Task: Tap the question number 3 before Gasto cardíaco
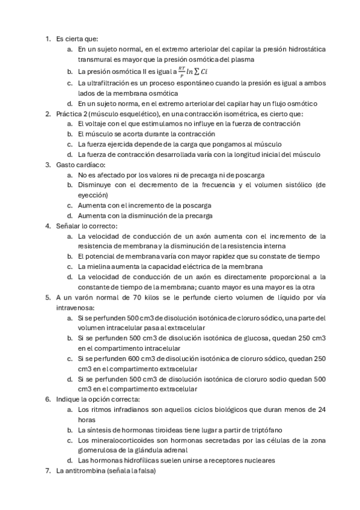click(48, 164)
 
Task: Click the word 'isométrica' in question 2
click(254, 113)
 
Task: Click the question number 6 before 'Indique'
click(48, 399)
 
